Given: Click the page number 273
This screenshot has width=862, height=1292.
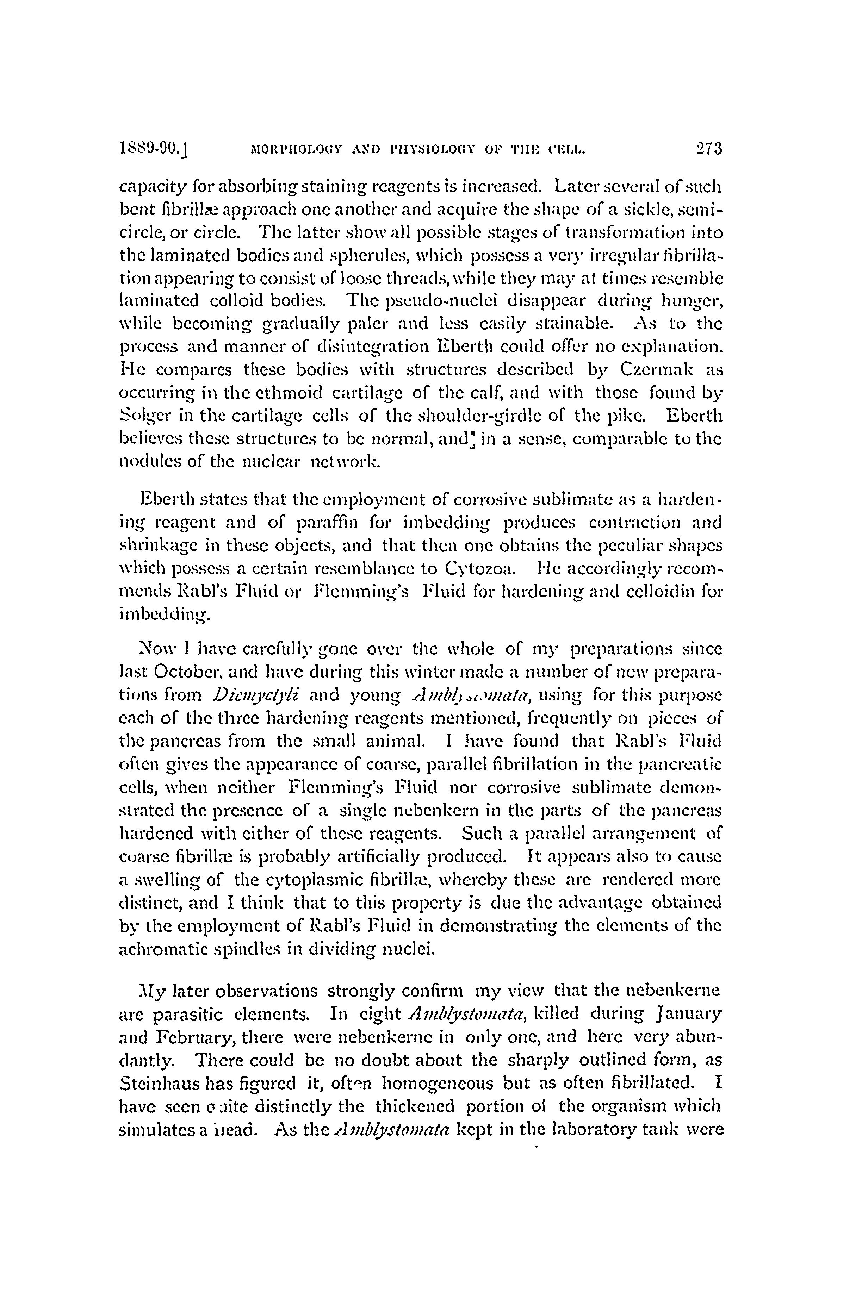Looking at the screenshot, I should tap(707, 149).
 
